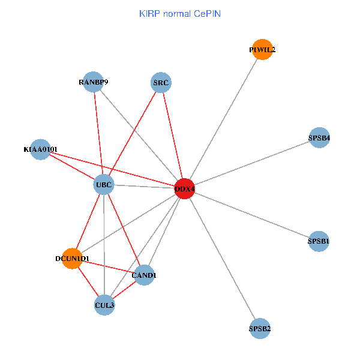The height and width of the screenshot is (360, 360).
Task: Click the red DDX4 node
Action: pyautogui.click(x=185, y=189)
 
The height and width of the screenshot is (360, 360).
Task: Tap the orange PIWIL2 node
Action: pyautogui.click(x=262, y=49)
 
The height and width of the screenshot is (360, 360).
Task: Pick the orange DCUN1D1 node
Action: pyautogui.click(x=72, y=259)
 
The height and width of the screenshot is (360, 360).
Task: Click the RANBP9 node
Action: pyautogui.click(x=93, y=82)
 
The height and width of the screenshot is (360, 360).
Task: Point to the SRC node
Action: pyautogui.click(x=161, y=83)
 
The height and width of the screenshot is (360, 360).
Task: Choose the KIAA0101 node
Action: pyautogui.click(x=40, y=149)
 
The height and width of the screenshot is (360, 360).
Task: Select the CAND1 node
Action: pyautogui.click(x=144, y=275)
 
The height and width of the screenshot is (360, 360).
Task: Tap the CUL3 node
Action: pyautogui.click(x=104, y=305)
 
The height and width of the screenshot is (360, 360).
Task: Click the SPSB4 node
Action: pyautogui.click(x=319, y=138)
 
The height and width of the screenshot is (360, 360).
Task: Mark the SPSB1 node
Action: pyautogui.click(x=319, y=241)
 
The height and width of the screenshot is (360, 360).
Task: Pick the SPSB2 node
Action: pyautogui.click(x=260, y=328)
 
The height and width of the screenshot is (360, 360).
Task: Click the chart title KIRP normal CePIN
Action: pyautogui.click(x=180, y=13)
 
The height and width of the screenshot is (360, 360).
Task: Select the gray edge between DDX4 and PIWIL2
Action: pyautogui.click(x=223, y=119)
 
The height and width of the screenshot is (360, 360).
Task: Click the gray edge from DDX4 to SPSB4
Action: pyautogui.click(x=252, y=163)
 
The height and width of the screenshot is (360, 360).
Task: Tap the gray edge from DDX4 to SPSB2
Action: pyautogui.click(x=222, y=259)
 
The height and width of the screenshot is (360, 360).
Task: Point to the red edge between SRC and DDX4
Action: pyautogui.click(x=173, y=136)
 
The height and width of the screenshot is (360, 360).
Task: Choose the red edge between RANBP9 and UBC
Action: pyautogui.click(x=98, y=133)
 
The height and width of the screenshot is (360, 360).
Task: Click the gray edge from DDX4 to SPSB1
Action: pyautogui.click(x=252, y=215)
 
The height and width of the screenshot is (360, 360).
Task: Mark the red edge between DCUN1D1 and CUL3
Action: pyautogui.click(x=88, y=282)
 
